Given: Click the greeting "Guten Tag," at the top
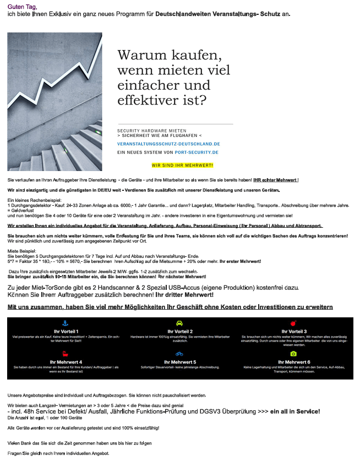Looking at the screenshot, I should coord(22,6).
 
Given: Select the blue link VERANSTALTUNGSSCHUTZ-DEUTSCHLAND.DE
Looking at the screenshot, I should coord(168,144).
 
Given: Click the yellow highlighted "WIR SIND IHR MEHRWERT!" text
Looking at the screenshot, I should coord(182,165).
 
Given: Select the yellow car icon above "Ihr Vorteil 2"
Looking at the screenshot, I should coord(179,323).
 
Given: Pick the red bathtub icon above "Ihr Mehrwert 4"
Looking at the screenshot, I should coord(65,354).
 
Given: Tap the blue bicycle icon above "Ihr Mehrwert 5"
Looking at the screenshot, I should coord(179,354).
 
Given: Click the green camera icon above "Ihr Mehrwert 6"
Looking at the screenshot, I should coord(293,354).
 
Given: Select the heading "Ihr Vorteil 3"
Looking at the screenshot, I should coord(294,332).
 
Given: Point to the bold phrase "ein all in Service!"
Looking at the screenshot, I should coord(295,411).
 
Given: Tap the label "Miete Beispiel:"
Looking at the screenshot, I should coord(22,250).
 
